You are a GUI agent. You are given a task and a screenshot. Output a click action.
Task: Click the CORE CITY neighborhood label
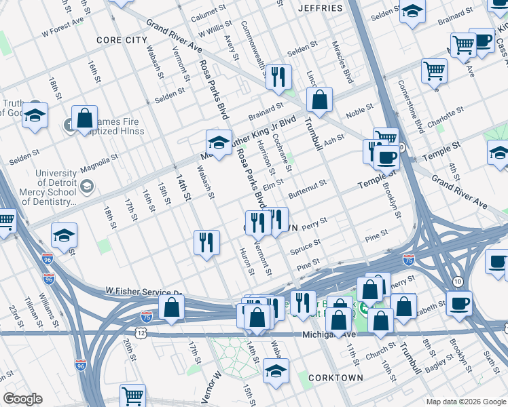pos(122,41)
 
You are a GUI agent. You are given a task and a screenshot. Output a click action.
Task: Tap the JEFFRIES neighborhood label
pos(321,8)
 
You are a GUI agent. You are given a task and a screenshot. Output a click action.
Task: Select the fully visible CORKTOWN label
pos(335,377)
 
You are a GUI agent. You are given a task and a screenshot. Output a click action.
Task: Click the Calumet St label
pos(207,12)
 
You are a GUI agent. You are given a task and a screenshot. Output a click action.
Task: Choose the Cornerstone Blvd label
pos(410,107)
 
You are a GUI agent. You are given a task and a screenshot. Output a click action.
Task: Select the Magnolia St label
pos(95,162)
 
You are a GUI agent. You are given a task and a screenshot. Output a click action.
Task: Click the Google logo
pos(22,399)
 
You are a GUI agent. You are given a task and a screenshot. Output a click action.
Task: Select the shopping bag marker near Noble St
pos(319,100)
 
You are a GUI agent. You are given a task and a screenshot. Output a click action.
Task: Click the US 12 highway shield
pos(140,333)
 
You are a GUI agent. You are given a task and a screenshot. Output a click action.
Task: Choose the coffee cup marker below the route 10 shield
pos(460,303)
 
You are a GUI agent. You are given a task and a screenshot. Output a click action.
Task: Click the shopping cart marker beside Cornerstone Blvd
pos(434,69)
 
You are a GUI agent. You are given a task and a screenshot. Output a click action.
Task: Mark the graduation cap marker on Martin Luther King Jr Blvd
pos(219,143)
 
